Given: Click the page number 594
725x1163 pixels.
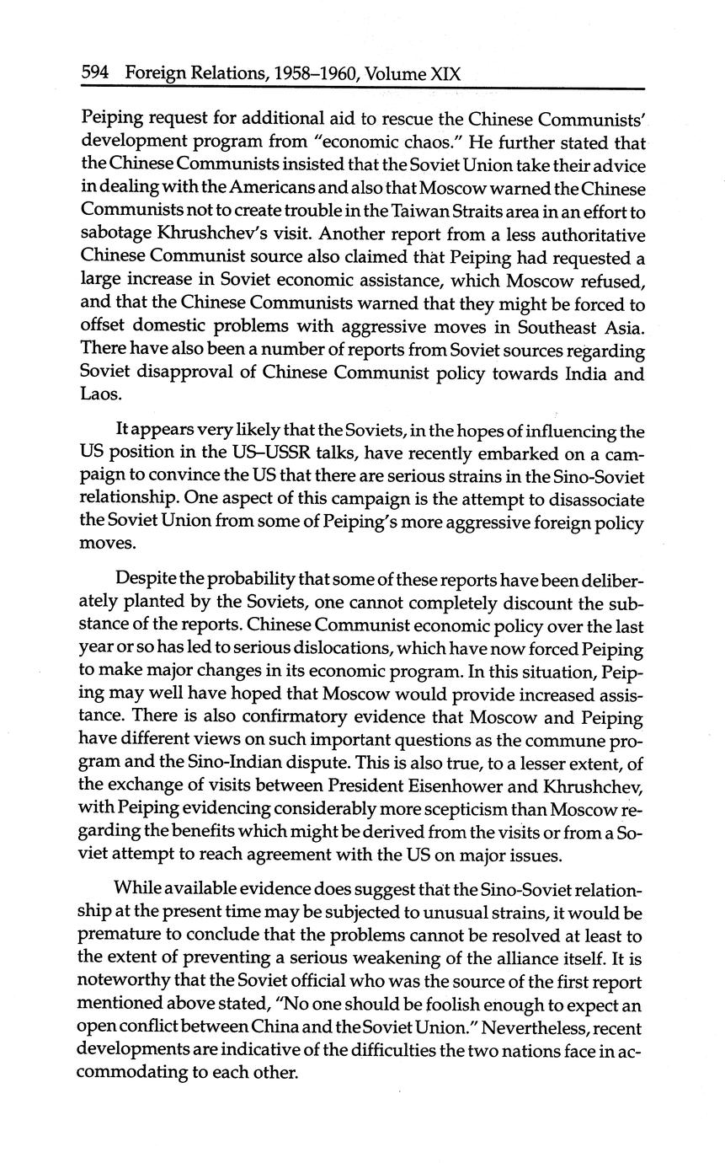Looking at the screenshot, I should click(95, 73).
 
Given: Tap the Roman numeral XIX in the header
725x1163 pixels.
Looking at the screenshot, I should click(445, 73).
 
